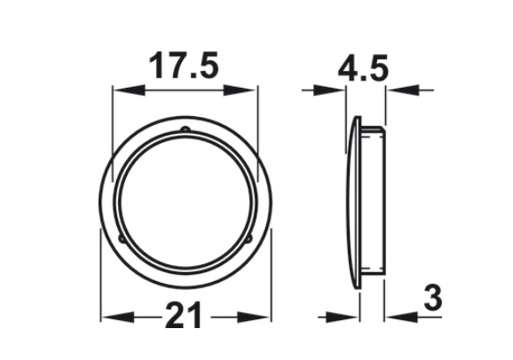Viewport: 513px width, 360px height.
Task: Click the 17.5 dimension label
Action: [184, 67]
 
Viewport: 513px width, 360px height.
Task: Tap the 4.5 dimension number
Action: [364, 67]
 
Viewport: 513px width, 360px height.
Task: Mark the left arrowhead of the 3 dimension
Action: [351, 317]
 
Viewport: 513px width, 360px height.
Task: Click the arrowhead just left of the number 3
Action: [391, 317]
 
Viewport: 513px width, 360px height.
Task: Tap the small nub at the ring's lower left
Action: [118, 239]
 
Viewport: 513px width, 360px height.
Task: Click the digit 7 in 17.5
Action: [173, 67]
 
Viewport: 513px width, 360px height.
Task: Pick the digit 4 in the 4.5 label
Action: [349, 67]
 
